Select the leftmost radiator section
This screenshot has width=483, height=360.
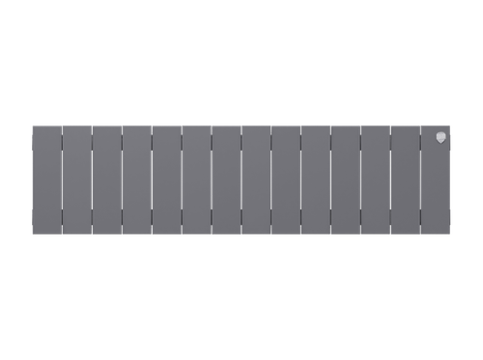46,180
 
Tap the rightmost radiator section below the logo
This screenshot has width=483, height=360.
435,188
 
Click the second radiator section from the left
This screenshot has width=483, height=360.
76,180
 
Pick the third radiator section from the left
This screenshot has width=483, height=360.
106,180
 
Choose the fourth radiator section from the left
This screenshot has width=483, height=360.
136,180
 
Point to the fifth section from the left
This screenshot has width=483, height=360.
166,180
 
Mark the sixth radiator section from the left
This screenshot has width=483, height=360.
196,180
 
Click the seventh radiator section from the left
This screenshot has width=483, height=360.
226,180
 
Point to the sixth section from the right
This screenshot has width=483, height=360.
285,180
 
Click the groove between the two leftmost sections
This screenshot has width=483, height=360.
62,180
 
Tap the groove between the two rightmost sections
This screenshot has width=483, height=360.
420,180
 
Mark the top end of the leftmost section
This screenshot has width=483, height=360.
46,126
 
